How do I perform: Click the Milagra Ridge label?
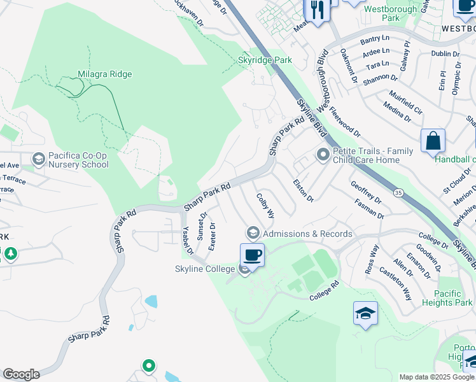click(x=105, y=74)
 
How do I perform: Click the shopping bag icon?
click(x=433, y=141)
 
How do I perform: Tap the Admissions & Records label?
click(x=307, y=234)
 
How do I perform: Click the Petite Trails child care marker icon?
click(x=323, y=154)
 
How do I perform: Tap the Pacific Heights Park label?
click(x=447, y=298)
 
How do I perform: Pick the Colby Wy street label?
click(x=265, y=205)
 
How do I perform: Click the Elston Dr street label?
click(x=303, y=190)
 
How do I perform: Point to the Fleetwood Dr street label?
click(x=344, y=121)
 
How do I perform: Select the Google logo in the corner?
click(x=21, y=374)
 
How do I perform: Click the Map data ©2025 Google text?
click(x=437, y=377)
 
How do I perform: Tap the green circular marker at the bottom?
click(x=148, y=365)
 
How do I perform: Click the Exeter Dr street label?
click(x=213, y=236)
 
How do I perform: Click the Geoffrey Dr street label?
click(x=367, y=192)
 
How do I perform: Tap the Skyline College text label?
click(x=205, y=269)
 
